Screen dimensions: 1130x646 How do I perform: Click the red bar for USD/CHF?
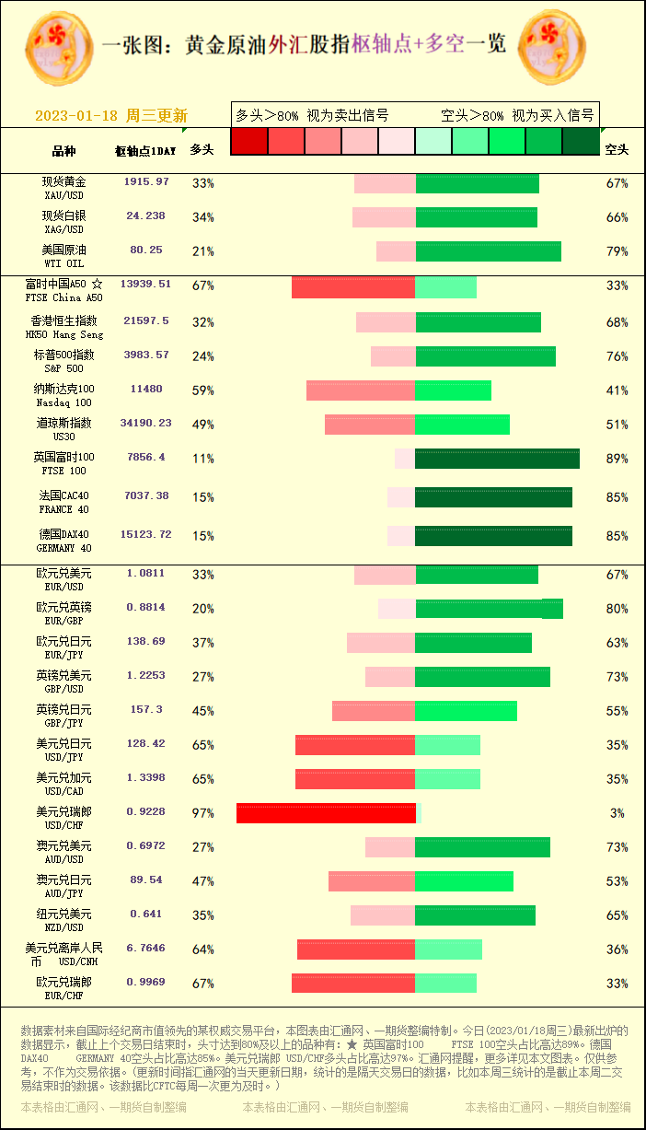(326, 813)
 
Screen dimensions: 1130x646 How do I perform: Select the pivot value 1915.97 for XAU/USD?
(146, 182)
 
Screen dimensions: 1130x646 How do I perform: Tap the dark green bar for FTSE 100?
(497, 459)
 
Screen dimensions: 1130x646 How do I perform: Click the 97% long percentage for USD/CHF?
(202, 813)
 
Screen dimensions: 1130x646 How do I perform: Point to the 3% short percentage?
(617, 813)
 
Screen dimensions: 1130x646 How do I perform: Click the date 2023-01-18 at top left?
(76, 116)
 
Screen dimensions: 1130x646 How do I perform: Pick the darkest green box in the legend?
(581, 141)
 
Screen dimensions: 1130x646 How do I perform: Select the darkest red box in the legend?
(248, 141)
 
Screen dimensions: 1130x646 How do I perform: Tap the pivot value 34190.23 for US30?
(146, 424)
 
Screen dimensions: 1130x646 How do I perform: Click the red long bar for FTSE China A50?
(353, 287)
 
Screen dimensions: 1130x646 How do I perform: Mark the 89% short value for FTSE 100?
(617, 459)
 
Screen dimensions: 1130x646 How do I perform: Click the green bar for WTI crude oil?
(488, 251)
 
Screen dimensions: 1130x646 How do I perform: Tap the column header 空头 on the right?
(617, 149)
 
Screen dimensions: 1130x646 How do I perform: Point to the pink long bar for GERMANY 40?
(401, 536)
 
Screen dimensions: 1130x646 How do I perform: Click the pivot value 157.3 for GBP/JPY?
(146, 710)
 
